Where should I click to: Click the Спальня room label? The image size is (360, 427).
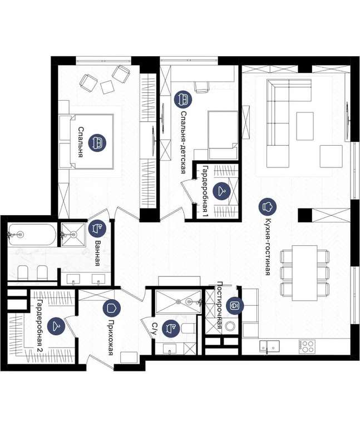pos(80,142)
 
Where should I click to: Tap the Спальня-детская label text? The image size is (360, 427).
pos(184,142)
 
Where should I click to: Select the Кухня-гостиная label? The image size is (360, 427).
pos(268,247)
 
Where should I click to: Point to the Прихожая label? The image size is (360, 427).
pos(110,337)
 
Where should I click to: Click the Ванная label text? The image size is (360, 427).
pos(97,253)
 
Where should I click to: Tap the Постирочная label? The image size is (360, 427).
pos(219,305)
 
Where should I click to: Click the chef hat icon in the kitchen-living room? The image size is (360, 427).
pos(267,206)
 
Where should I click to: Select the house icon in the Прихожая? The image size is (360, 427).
pos(112,308)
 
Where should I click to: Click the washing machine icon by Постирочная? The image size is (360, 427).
pos(234,306)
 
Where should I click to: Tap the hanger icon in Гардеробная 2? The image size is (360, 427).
pos(56,326)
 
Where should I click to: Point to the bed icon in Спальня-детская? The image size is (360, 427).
pos(183,99)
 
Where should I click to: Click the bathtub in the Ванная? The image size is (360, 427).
pos(32,235)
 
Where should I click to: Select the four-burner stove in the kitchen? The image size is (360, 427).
pos(307,346)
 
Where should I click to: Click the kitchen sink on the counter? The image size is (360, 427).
pos(269,346)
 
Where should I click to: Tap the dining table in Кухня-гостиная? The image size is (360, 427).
pos(305,272)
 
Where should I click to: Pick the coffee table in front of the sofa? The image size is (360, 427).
pos(305,126)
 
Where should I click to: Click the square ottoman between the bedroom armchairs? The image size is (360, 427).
pos(107,87)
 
